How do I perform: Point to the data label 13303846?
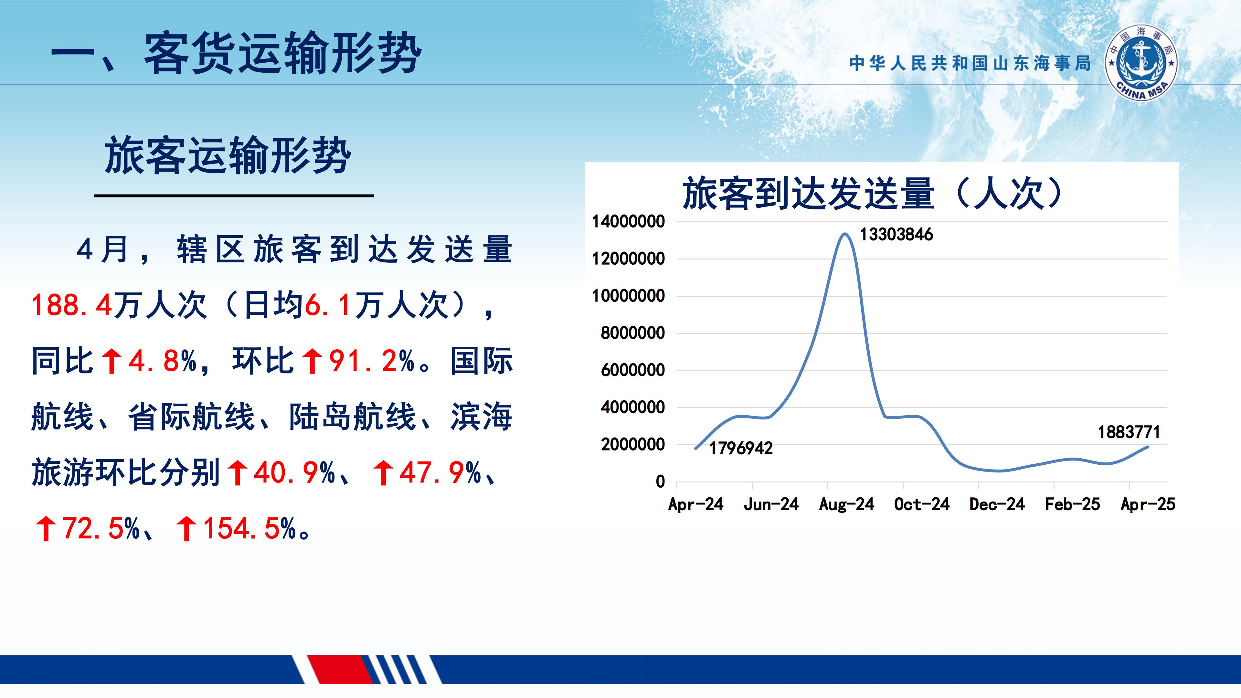(x=896, y=235)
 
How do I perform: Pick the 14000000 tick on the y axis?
(x=628, y=222)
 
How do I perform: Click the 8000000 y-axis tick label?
(x=632, y=333)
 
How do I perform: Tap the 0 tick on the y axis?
(x=660, y=481)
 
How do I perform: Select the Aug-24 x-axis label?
(x=846, y=504)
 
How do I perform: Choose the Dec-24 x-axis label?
(x=997, y=504)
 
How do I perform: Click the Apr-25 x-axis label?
(x=1148, y=504)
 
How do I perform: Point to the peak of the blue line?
(x=845, y=234)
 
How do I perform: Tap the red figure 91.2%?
(x=371, y=361)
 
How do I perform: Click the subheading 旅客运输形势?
(x=228, y=155)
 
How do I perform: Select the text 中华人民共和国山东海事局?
(x=970, y=63)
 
